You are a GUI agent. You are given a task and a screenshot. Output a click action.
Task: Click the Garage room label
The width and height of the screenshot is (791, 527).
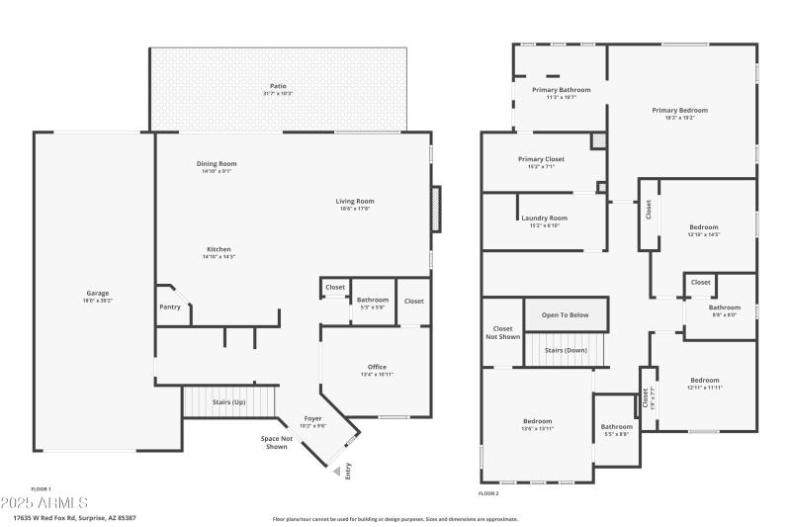[97, 293]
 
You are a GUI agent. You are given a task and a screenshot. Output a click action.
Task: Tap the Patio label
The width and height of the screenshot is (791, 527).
[278, 86]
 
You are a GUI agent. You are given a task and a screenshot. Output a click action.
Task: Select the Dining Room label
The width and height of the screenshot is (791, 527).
[217, 164]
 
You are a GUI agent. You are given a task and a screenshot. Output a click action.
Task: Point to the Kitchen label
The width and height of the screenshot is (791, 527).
[219, 249]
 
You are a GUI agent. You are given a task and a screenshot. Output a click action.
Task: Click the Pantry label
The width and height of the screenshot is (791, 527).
[170, 307]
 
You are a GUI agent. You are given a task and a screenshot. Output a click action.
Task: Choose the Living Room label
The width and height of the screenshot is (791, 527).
[356, 201]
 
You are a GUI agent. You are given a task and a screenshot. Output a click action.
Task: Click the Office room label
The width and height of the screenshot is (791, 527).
[376, 367]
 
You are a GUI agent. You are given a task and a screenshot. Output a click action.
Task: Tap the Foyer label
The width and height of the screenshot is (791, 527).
[312, 418]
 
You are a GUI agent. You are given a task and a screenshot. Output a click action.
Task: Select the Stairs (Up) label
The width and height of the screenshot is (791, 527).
[228, 402]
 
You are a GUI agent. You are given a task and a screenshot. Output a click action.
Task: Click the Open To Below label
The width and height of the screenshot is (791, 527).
[565, 314]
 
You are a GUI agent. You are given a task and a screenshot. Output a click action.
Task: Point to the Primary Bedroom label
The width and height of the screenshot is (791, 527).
[679, 111]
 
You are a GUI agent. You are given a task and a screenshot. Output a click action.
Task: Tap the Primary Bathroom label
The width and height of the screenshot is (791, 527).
[561, 90]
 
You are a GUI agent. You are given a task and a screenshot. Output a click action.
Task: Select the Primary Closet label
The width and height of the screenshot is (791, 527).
[541, 159]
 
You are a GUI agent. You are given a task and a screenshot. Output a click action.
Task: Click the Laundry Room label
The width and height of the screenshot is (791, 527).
[544, 218]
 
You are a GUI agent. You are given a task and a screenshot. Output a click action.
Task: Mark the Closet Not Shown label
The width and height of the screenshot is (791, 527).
[503, 331]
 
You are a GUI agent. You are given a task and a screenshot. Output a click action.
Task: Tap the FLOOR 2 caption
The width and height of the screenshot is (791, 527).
[488, 492]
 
